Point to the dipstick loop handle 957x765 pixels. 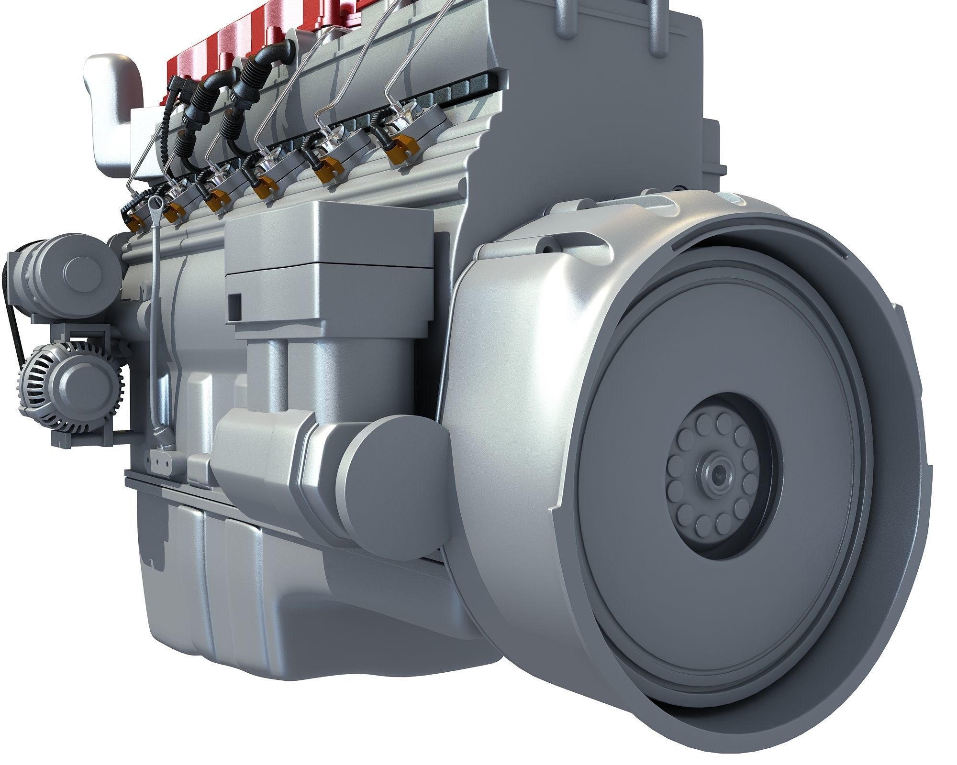click(x=156, y=203)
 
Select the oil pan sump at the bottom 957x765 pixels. click(x=287, y=602)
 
